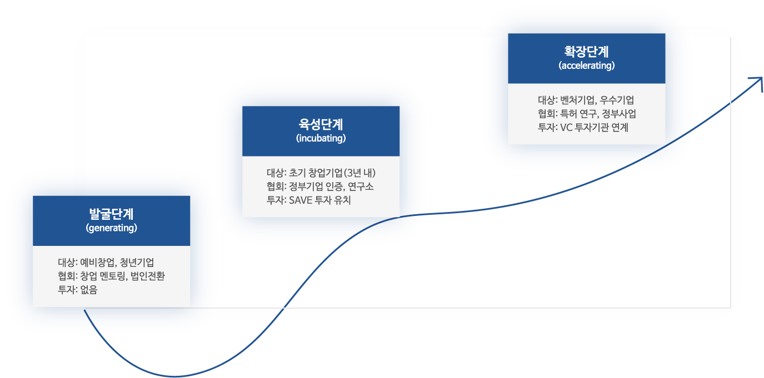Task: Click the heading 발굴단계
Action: [111, 214]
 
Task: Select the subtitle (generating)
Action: [111, 228]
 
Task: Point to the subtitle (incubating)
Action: [321, 138]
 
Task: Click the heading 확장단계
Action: [586, 52]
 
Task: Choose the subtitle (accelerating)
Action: [586, 65]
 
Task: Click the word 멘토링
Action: [114, 276]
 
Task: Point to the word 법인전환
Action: [148, 276]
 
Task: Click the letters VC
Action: [566, 127]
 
